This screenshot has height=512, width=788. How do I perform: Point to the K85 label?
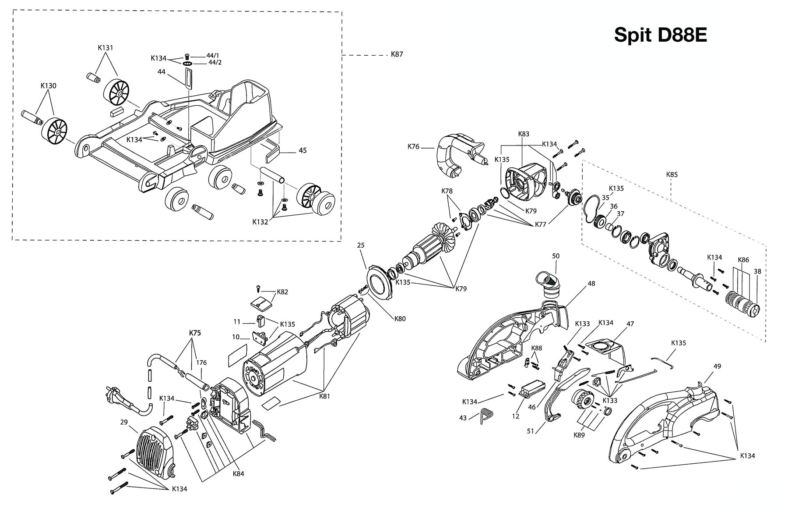672,174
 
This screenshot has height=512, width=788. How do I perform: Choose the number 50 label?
556,256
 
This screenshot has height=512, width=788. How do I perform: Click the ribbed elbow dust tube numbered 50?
548,285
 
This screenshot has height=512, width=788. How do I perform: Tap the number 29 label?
124,422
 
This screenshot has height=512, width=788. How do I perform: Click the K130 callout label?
48,86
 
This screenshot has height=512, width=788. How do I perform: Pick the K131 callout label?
105,48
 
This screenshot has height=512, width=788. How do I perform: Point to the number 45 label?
303,150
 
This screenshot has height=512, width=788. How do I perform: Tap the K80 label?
400,319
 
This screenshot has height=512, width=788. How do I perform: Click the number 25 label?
361,245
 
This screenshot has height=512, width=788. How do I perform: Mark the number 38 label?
757,271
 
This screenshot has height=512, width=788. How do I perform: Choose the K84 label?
238,473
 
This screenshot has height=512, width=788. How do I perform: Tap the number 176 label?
201,363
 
